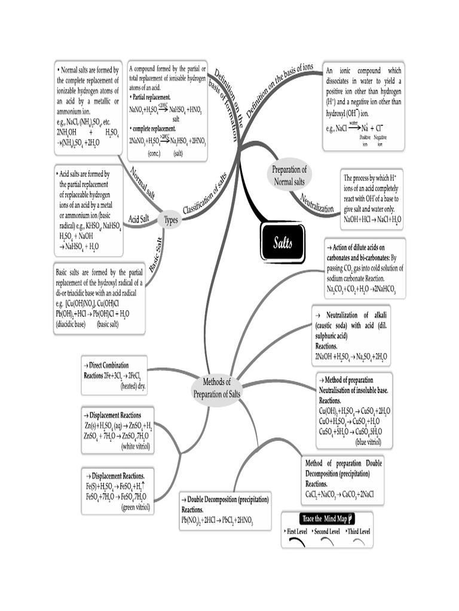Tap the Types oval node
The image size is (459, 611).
point(172,220)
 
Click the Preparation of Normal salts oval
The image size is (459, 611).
point(289,175)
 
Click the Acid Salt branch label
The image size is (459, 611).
point(139,218)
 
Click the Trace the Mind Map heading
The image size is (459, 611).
point(326,519)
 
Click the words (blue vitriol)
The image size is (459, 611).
point(368,442)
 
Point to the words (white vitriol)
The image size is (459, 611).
point(136,446)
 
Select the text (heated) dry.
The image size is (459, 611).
point(133,385)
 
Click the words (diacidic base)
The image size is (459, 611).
point(75,325)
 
